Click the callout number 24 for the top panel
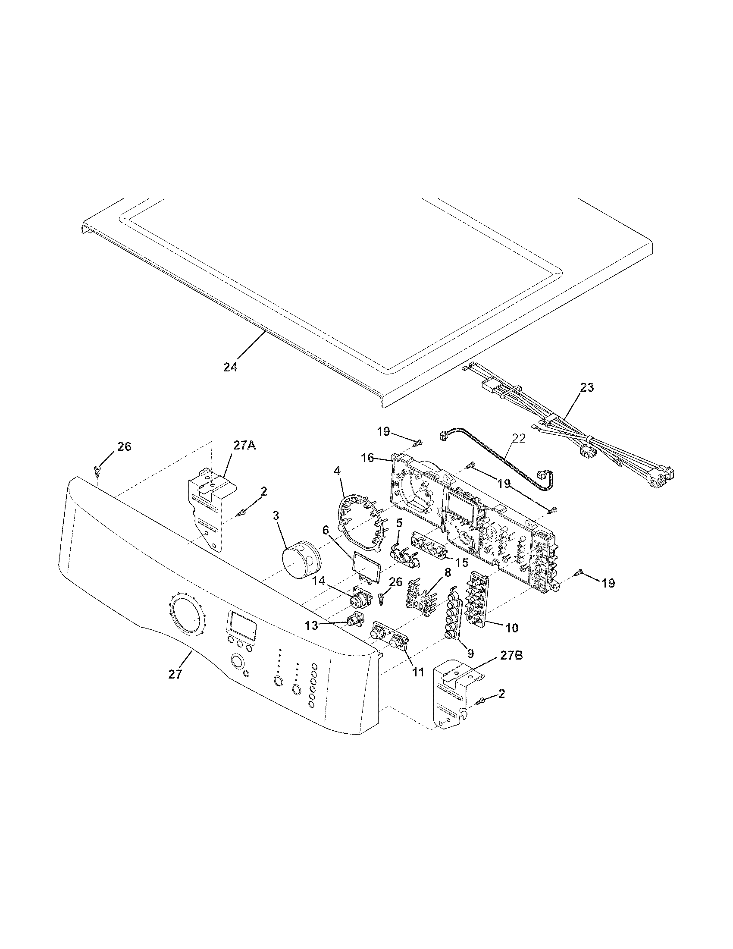pos(230,367)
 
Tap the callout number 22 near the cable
pos(519,438)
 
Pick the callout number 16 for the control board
pos(367,458)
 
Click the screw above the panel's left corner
pos(98,468)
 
